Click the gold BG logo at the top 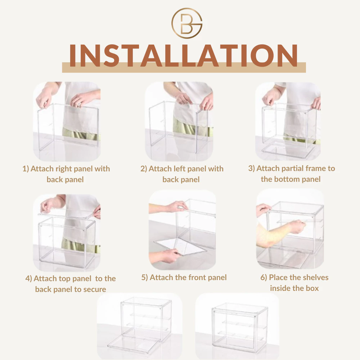186,23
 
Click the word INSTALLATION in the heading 184,55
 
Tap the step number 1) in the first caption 26,169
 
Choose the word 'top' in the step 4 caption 64,279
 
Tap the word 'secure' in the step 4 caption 94,289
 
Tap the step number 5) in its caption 144,278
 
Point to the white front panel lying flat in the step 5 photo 180,247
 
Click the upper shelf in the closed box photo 244,324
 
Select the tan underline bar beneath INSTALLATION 184,68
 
